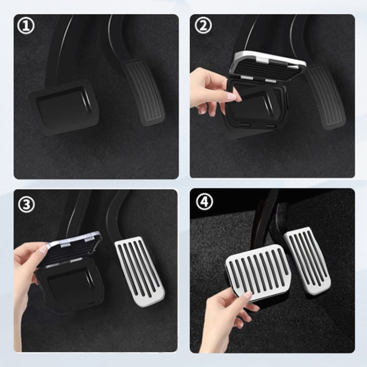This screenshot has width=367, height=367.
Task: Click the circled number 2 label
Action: [x=203, y=25]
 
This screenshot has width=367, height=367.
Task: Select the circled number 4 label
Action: [x=203, y=201]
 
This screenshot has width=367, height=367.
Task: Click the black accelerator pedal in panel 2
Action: [x=325, y=95]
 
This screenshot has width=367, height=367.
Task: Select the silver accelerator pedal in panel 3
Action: [x=139, y=269]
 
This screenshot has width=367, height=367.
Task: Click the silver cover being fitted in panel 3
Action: [x=73, y=247]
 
